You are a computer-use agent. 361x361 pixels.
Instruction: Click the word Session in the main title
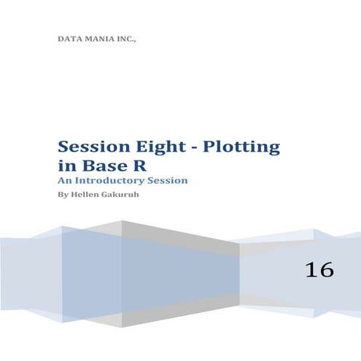pyautogui.click(x=90, y=147)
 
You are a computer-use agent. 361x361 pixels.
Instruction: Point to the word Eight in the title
pyautogui.click(x=156, y=147)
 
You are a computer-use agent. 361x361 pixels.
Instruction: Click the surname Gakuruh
pyautogui.click(x=121, y=195)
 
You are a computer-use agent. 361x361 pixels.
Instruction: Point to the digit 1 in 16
pyautogui.click(x=312, y=270)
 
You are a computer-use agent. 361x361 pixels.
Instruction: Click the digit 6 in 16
pyautogui.click(x=326, y=270)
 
